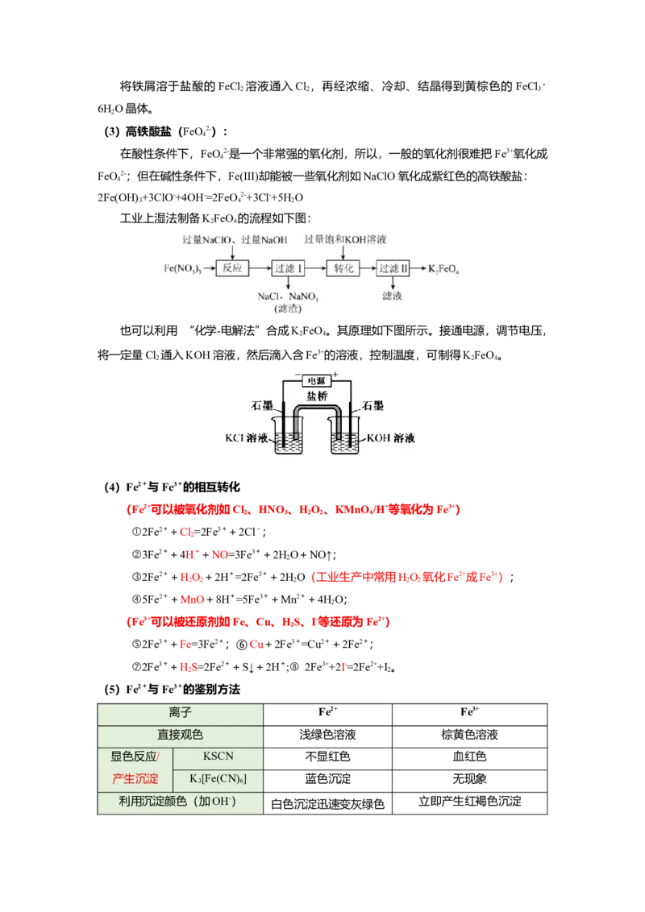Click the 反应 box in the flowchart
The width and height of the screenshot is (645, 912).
pyautogui.click(x=232, y=267)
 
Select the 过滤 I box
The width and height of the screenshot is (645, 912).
pyautogui.click(x=288, y=267)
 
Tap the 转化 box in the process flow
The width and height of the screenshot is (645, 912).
pyautogui.click(x=343, y=267)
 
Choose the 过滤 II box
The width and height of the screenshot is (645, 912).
pyautogui.click(x=394, y=267)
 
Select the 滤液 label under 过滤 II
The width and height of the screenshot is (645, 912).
pyautogui.click(x=393, y=296)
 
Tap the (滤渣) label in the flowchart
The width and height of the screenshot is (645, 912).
pyautogui.click(x=287, y=309)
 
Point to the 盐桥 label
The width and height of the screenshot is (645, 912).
pyautogui.click(x=317, y=396)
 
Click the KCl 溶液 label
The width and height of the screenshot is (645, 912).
pyautogui.click(x=247, y=438)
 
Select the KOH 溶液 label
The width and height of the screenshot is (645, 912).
pyautogui.click(x=391, y=438)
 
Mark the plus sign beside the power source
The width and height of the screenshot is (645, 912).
pyautogui.click(x=335, y=374)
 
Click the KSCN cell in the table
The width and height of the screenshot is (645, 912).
pyautogui.click(x=218, y=758)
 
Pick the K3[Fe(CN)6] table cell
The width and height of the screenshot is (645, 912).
pyautogui.click(x=218, y=780)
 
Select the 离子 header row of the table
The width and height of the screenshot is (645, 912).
pyautogui.click(x=181, y=713)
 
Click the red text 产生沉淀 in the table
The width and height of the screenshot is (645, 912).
pyautogui.click(x=135, y=780)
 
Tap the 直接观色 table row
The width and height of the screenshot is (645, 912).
pyautogui.click(x=181, y=735)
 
